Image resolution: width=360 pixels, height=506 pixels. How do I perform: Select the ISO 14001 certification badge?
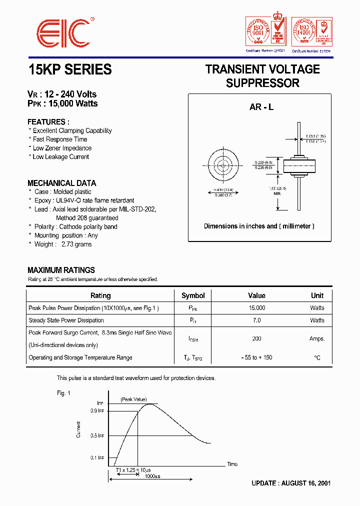(311, 31)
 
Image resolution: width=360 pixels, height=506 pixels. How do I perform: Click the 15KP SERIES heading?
(70, 70)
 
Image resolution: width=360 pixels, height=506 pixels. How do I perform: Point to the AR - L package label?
(261, 107)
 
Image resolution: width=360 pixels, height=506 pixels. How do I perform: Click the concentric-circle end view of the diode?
(220, 165)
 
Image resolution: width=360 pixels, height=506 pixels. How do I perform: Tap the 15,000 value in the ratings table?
(256, 308)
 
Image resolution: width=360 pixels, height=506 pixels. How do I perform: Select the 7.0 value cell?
(256, 320)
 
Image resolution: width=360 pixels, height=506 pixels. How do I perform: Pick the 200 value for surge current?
(256, 339)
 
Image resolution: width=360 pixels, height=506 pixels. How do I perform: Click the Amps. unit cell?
(317, 339)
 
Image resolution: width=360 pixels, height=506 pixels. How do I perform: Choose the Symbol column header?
(193, 295)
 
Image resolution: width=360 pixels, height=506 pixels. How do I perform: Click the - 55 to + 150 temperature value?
(256, 357)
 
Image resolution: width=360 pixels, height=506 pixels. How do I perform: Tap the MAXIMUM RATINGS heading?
(61, 270)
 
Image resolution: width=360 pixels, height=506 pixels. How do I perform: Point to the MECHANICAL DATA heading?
(62, 183)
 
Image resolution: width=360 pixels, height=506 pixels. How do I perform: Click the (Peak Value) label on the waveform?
(133, 399)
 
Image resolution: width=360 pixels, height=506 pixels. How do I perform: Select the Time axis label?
(232, 464)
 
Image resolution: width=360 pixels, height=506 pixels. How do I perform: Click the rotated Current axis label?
(78, 429)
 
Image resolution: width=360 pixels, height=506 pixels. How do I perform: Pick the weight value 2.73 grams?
(76, 244)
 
